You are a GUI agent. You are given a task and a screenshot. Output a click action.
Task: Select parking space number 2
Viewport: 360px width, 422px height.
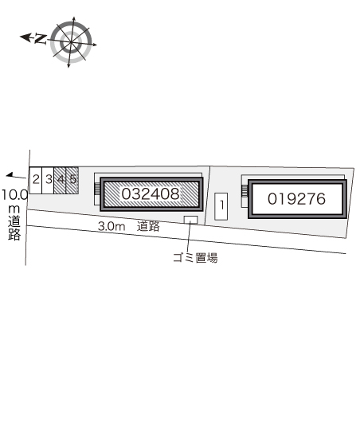pos(36,179)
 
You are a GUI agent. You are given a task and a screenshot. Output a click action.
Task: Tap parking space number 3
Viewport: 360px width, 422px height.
pos(49,179)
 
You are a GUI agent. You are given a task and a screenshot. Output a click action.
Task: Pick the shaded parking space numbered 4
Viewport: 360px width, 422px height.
pos(61,179)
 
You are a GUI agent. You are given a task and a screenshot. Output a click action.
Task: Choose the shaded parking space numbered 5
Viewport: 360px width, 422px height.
pos(72,179)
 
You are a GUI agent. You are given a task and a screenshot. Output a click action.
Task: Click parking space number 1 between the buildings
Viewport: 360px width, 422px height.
pos(222,205)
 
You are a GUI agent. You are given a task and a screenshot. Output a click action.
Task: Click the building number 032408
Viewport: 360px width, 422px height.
pos(151,193)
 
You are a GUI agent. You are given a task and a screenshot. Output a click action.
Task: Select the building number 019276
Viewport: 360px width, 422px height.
pos(297,199)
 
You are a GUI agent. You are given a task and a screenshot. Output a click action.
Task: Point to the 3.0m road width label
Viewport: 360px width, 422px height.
pos(112,226)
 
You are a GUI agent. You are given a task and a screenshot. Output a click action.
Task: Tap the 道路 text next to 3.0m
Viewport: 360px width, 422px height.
pos(148,226)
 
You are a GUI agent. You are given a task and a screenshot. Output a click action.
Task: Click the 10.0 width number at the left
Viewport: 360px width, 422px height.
pos(14,193)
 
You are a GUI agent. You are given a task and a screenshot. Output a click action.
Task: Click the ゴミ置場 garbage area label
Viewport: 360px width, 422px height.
pos(195,257)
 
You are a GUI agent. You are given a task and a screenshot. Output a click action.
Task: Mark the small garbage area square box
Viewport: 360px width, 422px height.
pos(190,220)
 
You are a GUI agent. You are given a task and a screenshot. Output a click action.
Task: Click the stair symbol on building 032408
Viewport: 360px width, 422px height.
pos(96,190)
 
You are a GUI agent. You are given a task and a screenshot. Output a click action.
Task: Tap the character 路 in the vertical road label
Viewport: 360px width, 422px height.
pos(14,234)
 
